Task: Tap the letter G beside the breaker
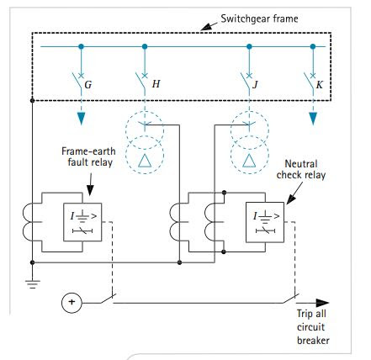pyautogui.click(x=89, y=84)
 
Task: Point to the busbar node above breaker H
pyautogui.click(x=146, y=46)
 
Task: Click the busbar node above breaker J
pyautogui.click(x=248, y=46)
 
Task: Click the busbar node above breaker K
pyautogui.click(x=313, y=46)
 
